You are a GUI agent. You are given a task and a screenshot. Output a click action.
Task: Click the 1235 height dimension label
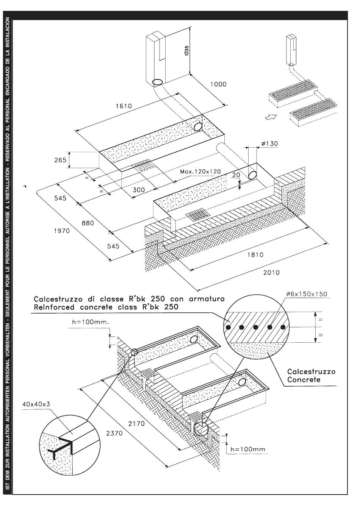[186, 51]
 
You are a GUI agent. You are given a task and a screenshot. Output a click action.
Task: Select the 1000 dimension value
[218, 84]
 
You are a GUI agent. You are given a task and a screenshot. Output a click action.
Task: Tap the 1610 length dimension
[124, 106]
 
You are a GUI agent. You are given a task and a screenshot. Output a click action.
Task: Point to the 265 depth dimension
[60, 160]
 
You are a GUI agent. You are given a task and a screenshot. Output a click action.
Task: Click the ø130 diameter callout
[269, 144]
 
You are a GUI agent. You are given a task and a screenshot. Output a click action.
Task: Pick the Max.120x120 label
[200, 172]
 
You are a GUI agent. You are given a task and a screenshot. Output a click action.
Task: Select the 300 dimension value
[139, 190]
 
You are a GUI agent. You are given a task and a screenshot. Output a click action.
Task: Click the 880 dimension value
[88, 223]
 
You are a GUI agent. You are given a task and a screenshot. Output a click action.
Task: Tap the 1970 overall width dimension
[62, 231]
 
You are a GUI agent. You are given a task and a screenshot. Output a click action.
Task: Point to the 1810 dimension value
[255, 255]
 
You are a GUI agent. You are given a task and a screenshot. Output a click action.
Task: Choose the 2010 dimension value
[271, 273]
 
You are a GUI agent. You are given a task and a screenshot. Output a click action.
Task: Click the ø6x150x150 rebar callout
[307, 294]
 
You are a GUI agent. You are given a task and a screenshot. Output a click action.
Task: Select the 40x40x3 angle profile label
[36, 404]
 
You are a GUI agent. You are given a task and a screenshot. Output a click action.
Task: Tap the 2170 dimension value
[136, 423]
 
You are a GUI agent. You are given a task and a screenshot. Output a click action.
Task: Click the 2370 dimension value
[114, 433]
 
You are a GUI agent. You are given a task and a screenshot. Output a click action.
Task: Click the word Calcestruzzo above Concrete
[311, 371]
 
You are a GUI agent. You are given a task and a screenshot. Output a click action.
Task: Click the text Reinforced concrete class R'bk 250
[106, 307]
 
